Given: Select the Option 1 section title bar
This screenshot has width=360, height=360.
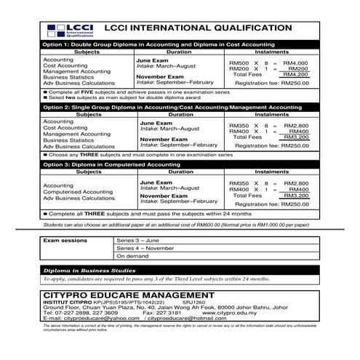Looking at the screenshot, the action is click(x=180, y=45).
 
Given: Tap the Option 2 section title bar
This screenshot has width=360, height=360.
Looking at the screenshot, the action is click(x=180, y=106).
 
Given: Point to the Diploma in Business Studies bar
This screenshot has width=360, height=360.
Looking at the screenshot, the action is click(x=180, y=271).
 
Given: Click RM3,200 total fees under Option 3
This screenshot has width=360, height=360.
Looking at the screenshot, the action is click(x=295, y=196).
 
